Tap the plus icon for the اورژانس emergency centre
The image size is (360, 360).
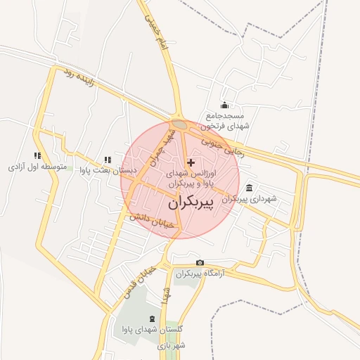[191, 162]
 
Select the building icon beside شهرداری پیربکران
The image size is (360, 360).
[250, 188]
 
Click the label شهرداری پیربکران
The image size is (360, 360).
[250, 199]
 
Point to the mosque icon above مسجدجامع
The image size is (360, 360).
[224, 105]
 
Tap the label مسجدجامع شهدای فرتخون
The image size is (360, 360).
[224, 120]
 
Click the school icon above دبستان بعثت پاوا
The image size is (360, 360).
[107, 160]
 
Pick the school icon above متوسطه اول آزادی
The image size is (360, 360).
[37, 156]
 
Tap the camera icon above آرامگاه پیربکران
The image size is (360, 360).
[200, 263]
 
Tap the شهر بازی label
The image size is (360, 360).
[171, 345]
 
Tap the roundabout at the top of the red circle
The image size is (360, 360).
[180, 124]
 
